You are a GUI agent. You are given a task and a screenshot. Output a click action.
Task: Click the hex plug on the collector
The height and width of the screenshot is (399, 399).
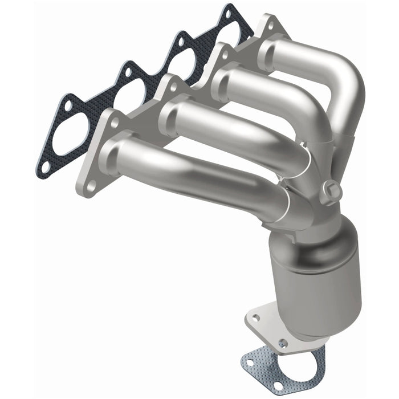[332, 190]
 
